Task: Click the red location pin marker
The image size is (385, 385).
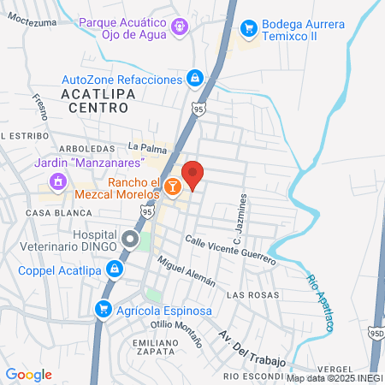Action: (x=193, y=174)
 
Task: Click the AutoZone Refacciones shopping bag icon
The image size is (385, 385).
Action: (x=196, y=79)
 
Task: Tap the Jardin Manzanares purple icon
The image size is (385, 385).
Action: (x=57, y=181)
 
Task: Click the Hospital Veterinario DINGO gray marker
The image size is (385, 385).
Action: (x=129, y=239)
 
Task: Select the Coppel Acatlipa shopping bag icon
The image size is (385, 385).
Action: (x=115, y=271)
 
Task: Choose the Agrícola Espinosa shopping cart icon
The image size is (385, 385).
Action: (x=104, y=308)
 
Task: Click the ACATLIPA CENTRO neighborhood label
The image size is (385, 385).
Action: (x=96, y=99)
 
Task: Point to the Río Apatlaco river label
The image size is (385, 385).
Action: (x=318, y=301)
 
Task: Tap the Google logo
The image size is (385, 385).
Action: (x=29, y=375)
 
